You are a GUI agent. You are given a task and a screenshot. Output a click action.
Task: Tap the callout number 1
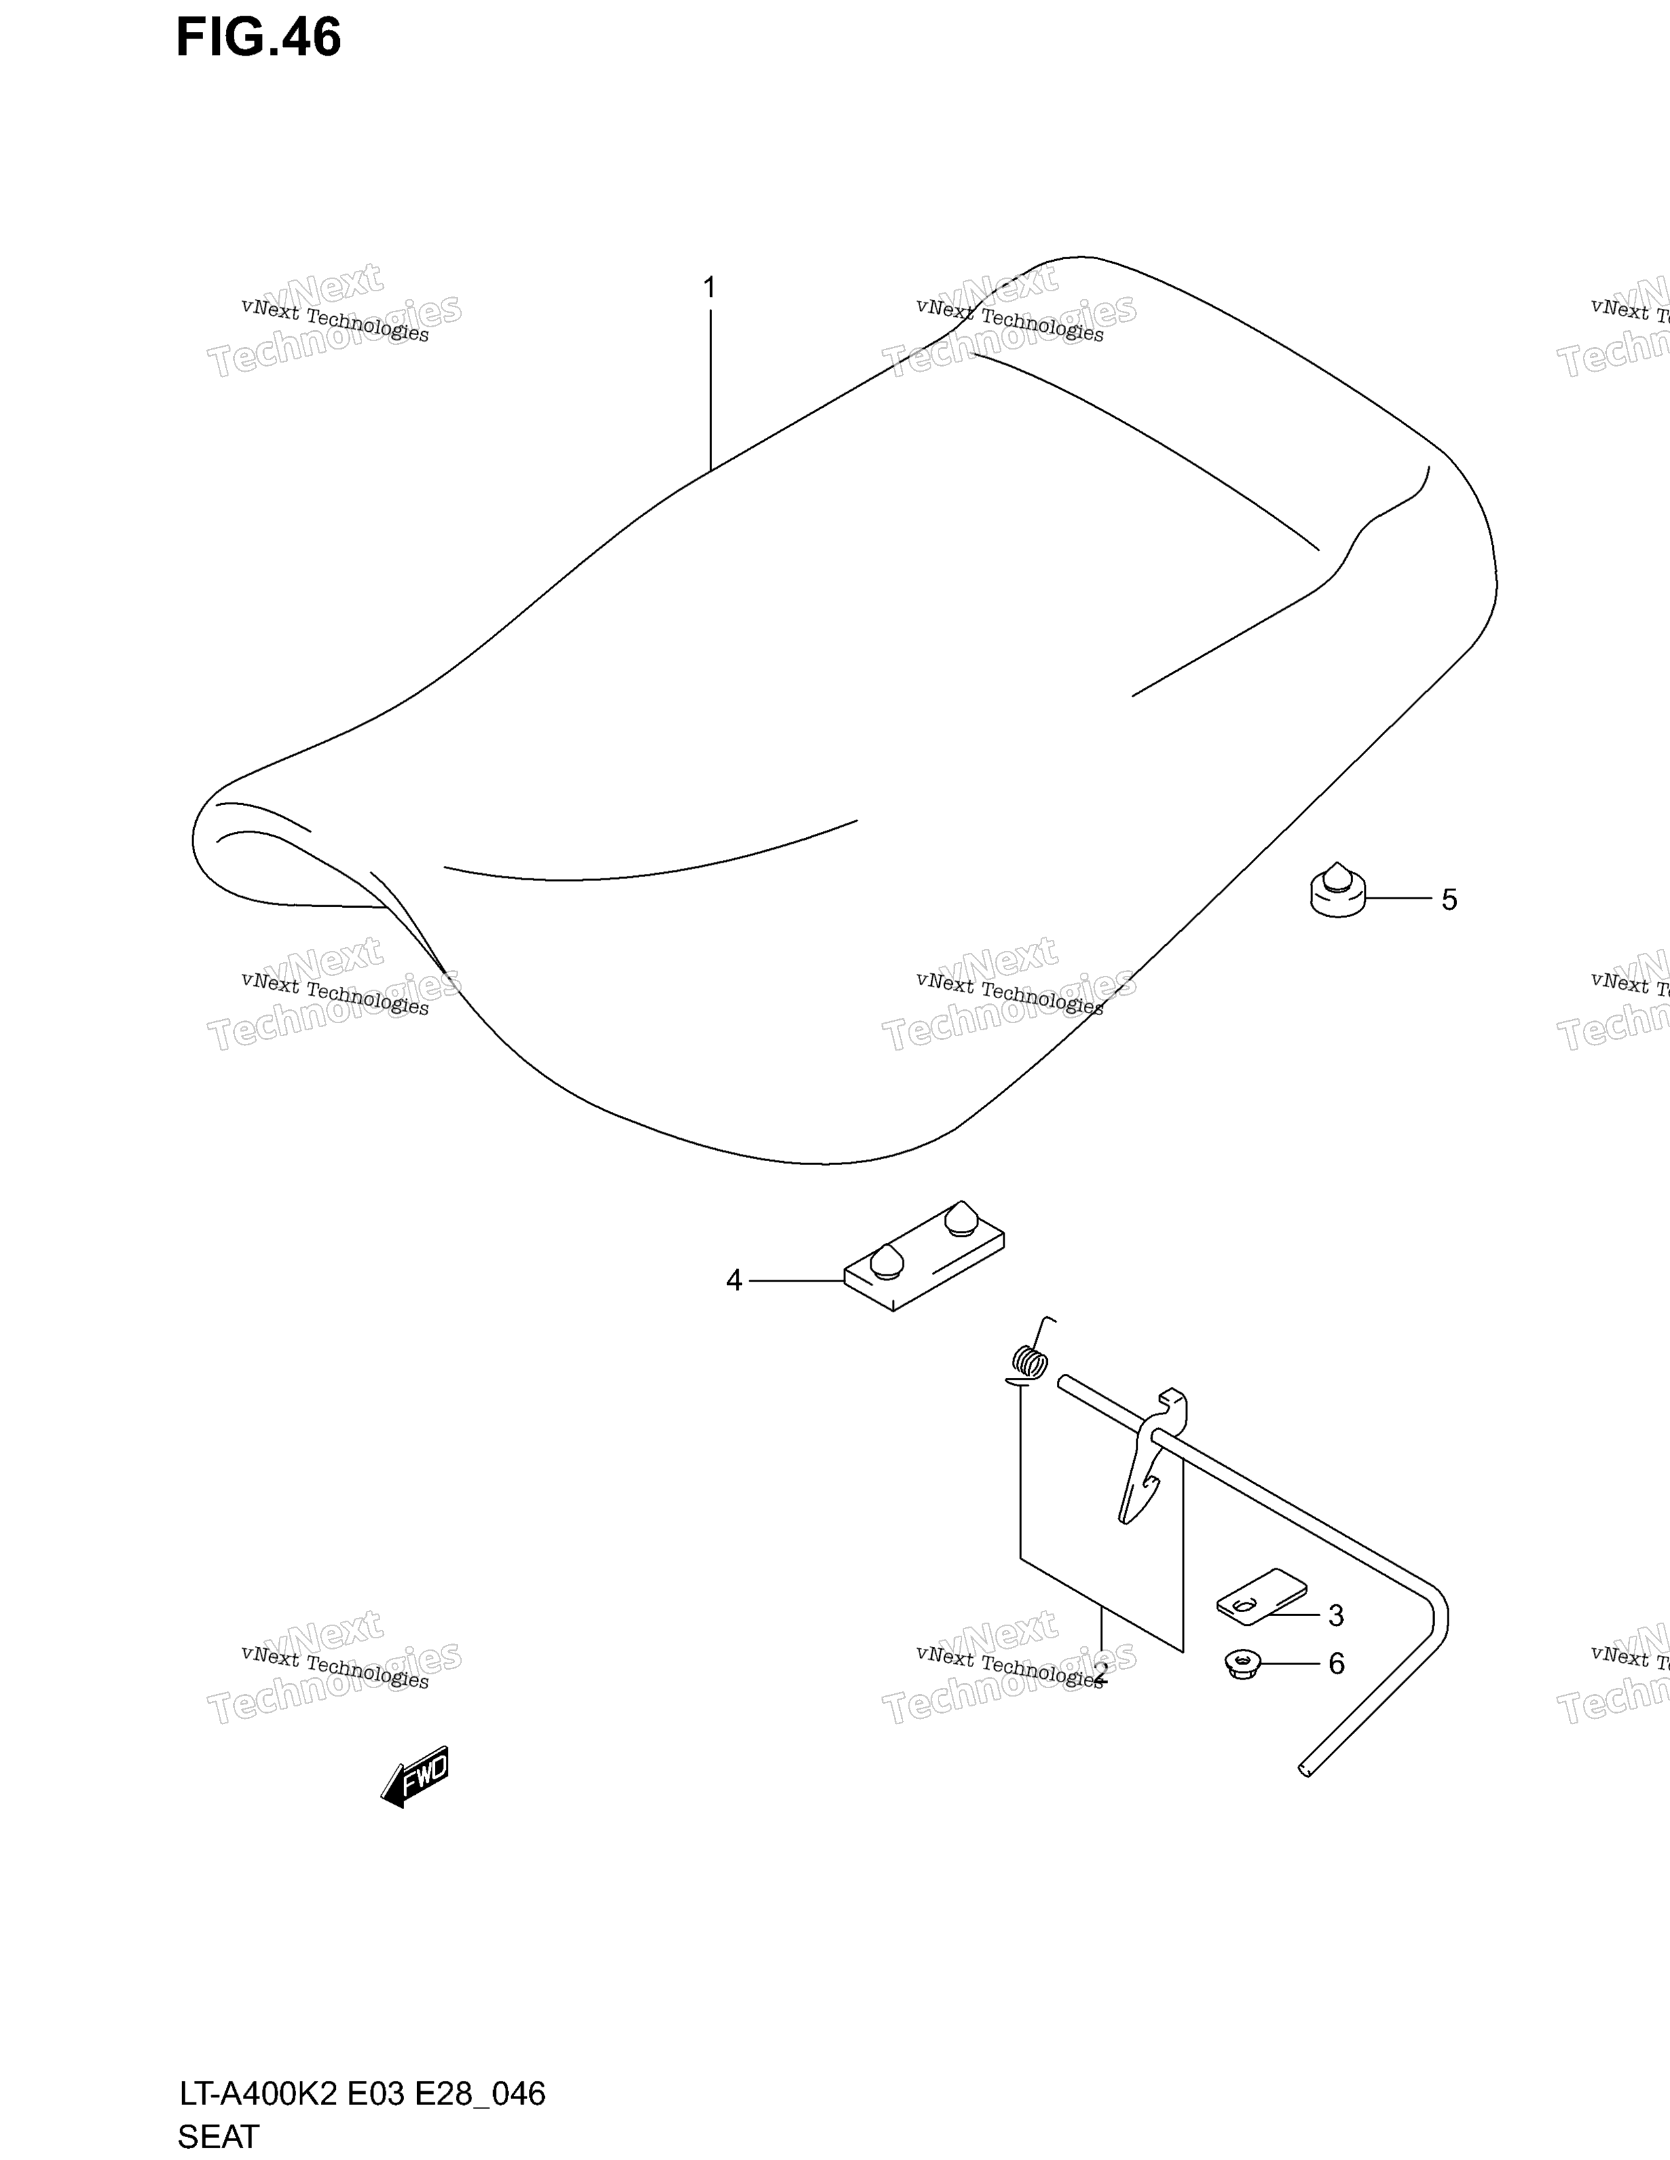click(709, 288)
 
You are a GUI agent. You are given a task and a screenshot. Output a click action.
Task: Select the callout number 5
click(1449, 900)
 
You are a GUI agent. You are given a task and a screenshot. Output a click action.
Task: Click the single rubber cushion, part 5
click(1337, 890)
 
